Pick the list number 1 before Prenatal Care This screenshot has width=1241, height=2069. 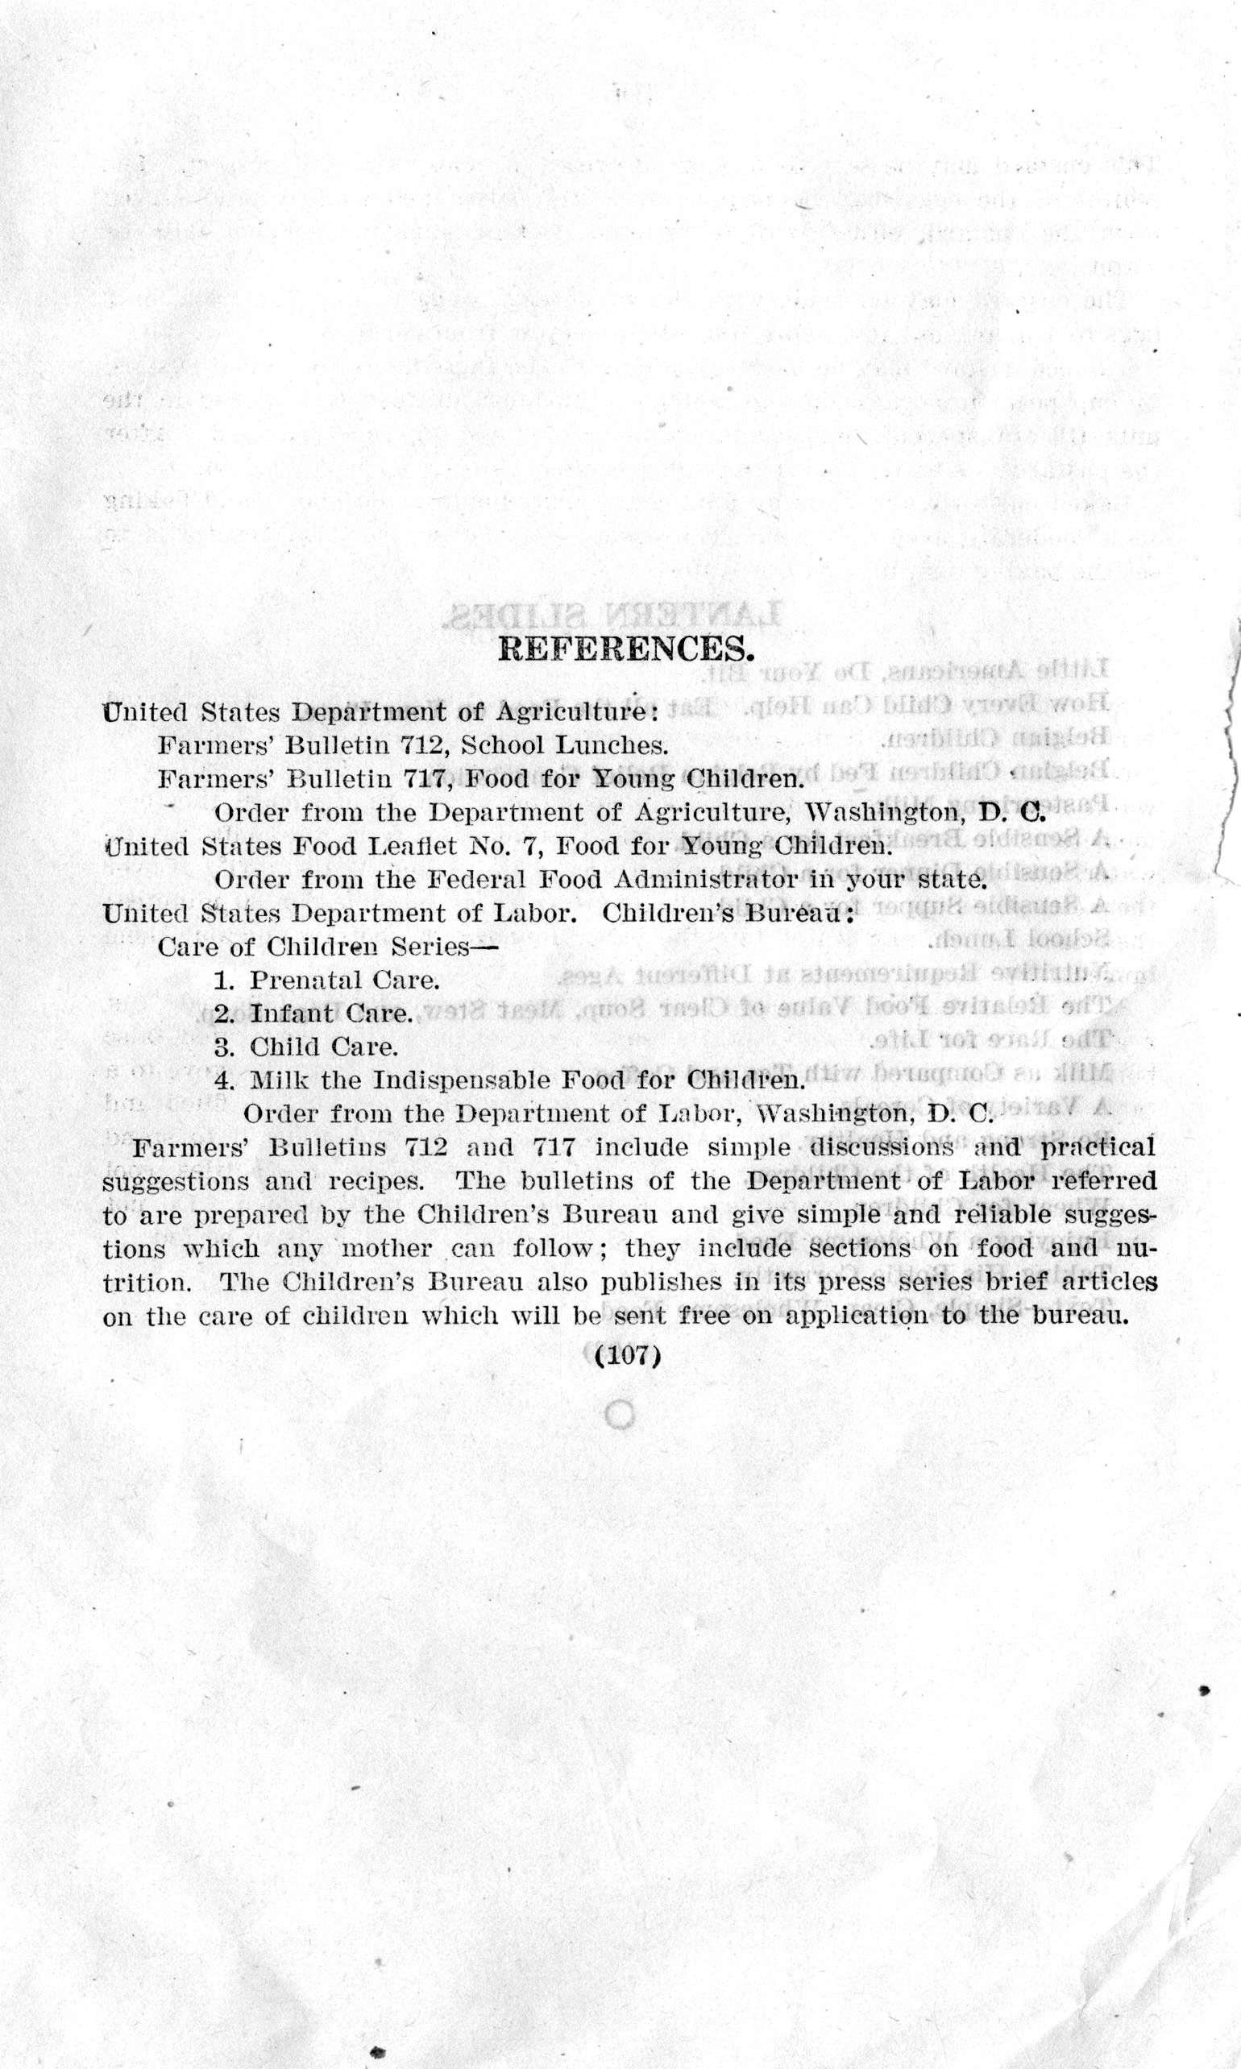tap(223, 981)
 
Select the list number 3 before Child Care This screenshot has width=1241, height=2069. tap(223, 1047)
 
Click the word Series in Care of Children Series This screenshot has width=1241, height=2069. tap(428, 947)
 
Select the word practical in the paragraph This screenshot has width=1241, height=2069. tap(1096, 1148)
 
